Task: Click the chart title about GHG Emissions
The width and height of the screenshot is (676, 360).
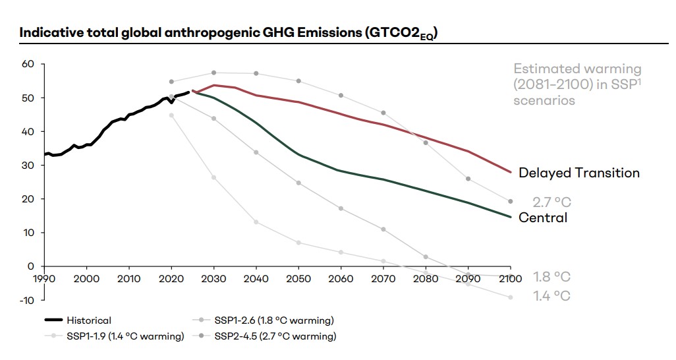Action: [x=229, y=34]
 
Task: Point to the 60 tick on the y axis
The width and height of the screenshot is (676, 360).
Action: [x=27, y=64]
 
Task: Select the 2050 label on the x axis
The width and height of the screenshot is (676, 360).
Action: [x=298, y=279]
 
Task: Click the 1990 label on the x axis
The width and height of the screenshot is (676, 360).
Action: [x=44, y=279]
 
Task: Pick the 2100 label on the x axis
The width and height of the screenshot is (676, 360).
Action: [x=510, y=279]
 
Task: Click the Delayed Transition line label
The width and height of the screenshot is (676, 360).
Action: [x=578, y=173]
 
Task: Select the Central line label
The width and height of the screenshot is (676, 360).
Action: [x=543, y=218]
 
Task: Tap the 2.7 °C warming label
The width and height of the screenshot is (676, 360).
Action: [x=551, y=202]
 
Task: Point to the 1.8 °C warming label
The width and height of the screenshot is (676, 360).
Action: [x=551, y=277]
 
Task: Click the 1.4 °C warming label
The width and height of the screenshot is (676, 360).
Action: [x=551, y=296]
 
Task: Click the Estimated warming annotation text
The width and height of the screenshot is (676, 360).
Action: [x=577, y=84]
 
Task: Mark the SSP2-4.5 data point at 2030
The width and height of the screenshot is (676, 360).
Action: [x=213, y=73]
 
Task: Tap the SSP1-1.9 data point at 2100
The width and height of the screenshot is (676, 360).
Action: [x=510, y=297]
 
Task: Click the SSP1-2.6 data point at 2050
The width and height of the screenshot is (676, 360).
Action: [x=298, y=183]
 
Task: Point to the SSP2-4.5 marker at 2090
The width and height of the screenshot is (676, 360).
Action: [x=468, y=179]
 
